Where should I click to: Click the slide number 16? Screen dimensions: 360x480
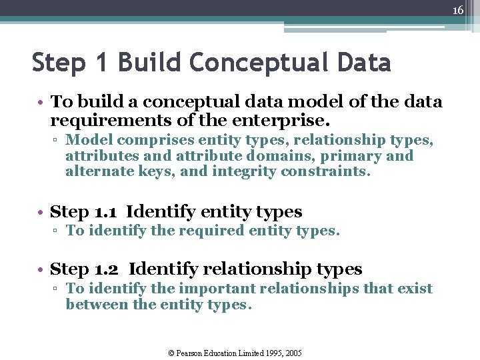click(457, 11)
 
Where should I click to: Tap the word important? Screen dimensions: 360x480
click(215, 289)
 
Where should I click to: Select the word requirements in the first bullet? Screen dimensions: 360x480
click(107, 121)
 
